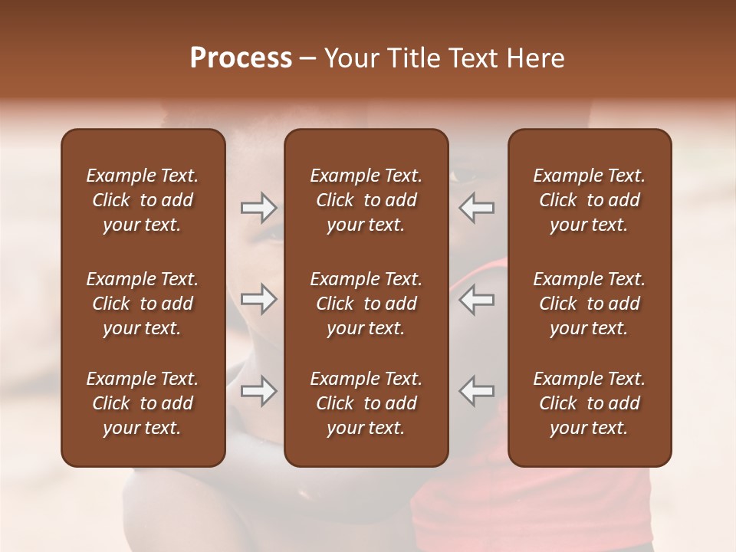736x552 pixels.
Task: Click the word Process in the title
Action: pyautogui.click(x=241, y=58)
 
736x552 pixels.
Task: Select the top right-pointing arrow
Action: pyautogui.click(x=259, y=208)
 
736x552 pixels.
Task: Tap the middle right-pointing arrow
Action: pyautogui.click(x=259, y=299)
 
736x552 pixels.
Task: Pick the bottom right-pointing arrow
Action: pyautogui.click(x=259, y=391)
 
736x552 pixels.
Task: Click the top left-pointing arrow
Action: pyautogui.click(x=476, y=208)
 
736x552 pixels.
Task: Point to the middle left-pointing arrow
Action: pyautogui.click(x=476, y=299)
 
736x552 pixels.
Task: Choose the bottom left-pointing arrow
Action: pyautogui.click(x=476, y=391)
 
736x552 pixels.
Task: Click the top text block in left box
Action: pyautogui.click(x=143, y=200)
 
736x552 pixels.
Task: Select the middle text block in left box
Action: pyautogui.click(x=143, y=304)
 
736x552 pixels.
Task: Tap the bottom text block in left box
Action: pyautogui.click(x=143, y=403)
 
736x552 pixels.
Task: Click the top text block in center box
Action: pyautogui.click(x=366, y=200)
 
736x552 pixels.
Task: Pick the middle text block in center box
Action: pyautogui.click(x=366, y=304)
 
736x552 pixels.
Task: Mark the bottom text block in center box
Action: pyautogui.click(x=366, y=403)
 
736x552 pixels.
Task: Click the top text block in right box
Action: pyautogui.click(x=590, y=200)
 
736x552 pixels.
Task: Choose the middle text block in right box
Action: pyautogui.click(x=590, y=304)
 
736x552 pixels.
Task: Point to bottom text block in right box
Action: pyautogui.click(x=590, y=403)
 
